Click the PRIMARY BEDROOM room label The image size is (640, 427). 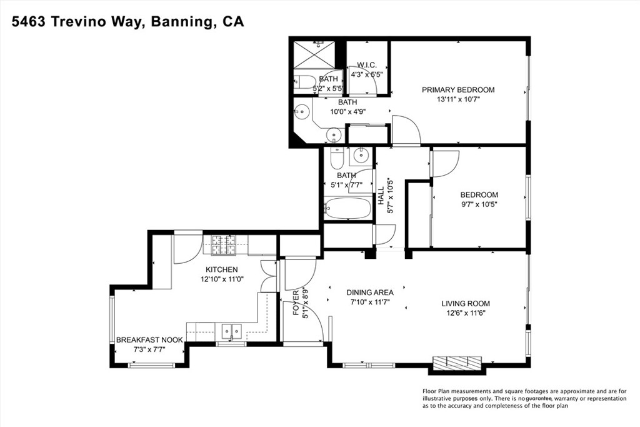[457, 89]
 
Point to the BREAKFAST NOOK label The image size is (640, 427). [149, 340]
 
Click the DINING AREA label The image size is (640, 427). [370, 292]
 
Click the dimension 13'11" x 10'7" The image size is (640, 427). [457, 99]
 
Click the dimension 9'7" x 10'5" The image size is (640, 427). [479, 204]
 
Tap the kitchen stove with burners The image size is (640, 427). [221, 244]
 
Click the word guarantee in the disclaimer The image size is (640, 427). [541, 398]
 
